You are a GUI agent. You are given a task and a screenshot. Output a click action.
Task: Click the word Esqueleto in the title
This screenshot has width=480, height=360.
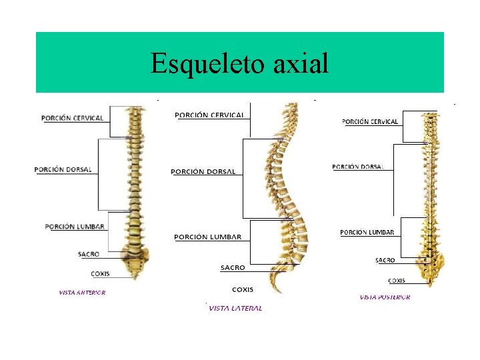pos(199,64)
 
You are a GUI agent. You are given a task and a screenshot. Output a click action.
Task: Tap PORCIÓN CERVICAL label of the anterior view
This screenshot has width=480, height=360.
pos(73,118)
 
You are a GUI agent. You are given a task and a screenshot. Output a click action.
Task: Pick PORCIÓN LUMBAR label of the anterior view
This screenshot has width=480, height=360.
pos(75,227)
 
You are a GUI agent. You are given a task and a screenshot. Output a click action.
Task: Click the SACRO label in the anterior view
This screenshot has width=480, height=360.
pos(89,254)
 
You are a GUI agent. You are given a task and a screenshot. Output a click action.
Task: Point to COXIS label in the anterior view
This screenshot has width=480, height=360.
pos(100,273)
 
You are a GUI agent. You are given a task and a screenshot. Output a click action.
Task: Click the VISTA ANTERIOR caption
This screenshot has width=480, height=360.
pos(82,292)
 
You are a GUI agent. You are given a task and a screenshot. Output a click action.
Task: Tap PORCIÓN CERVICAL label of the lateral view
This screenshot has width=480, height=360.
pos(209,115)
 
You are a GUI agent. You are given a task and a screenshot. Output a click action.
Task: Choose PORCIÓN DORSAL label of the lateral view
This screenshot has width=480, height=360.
pos(203,171)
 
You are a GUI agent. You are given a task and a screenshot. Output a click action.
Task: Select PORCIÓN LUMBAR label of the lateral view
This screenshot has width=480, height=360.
pos(207,237)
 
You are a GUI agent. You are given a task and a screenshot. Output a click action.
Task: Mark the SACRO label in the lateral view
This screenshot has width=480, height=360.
pos(233,267)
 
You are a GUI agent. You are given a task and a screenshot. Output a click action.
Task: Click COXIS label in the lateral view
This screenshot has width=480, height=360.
pos(242,289)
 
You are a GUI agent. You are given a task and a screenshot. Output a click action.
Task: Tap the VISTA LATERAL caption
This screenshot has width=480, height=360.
pos(235,308)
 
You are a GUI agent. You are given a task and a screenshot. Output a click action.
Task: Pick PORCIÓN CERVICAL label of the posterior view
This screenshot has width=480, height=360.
pos(370,121)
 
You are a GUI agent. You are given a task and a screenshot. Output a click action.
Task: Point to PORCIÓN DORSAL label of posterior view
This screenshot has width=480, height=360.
pos(358,167)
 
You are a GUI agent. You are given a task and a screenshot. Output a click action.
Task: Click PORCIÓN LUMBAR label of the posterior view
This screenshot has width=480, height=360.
pos(367,232)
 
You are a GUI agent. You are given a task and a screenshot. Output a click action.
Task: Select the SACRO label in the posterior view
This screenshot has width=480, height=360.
pos(385,260)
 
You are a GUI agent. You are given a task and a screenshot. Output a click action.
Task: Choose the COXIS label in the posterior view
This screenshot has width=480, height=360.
pos(396,281)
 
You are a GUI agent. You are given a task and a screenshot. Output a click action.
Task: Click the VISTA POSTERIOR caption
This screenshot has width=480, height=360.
pos(385,297)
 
